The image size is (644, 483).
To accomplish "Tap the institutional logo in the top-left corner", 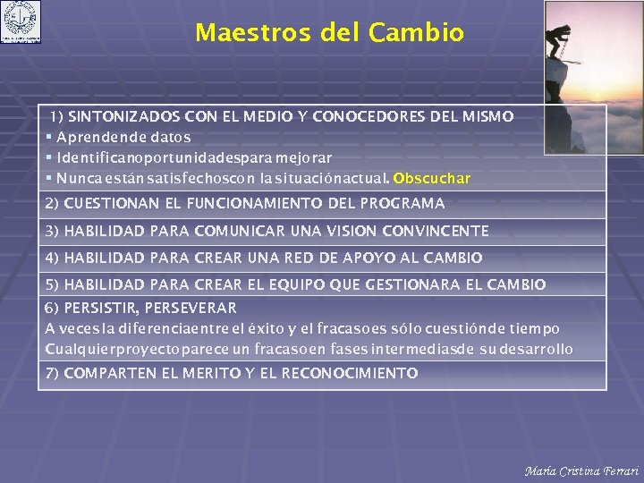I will [x=21, y=23].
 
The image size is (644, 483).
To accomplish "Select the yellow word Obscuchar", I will [x=431, y=178].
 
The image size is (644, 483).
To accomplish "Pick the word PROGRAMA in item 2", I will [x=402, y=203].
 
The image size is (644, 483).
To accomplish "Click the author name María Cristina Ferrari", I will [x=581, y=470].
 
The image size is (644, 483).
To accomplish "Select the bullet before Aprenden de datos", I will [x=49, y=137].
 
